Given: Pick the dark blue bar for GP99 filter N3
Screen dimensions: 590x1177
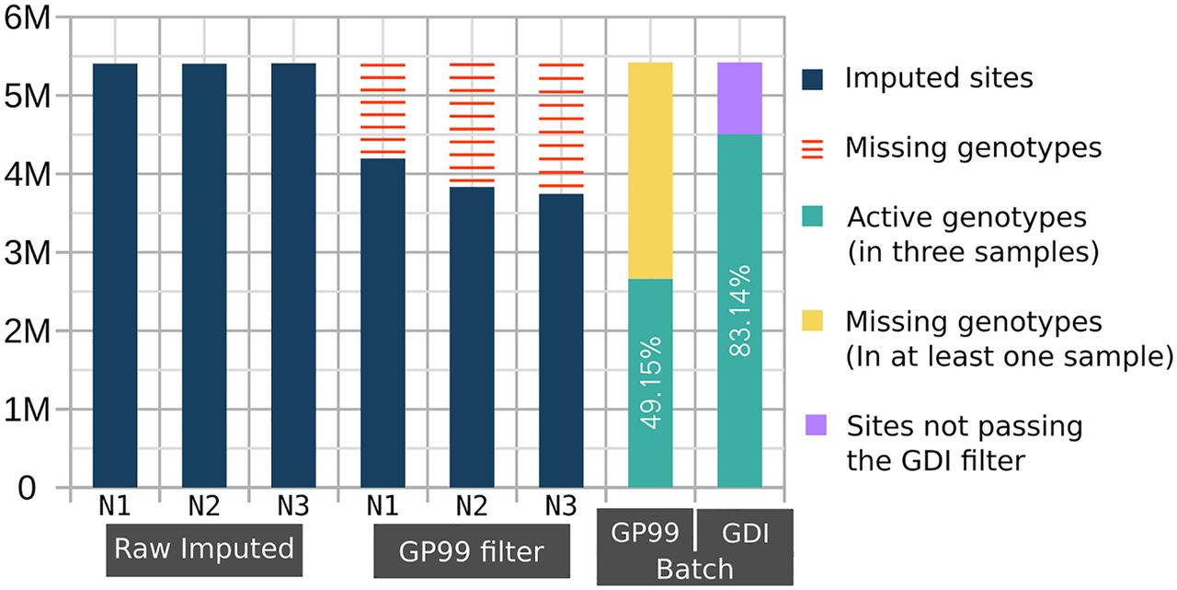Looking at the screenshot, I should tap(560, 340).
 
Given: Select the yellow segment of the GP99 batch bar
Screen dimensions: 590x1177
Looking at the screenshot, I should tap(650, 170).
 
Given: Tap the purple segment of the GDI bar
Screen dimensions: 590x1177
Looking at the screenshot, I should tap(739, 98).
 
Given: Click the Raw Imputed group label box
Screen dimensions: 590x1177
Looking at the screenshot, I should tap(203, 550).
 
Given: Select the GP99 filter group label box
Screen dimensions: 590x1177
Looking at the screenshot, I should tap(471, 551).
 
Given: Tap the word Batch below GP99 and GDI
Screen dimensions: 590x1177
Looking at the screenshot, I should tap(694, 569).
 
